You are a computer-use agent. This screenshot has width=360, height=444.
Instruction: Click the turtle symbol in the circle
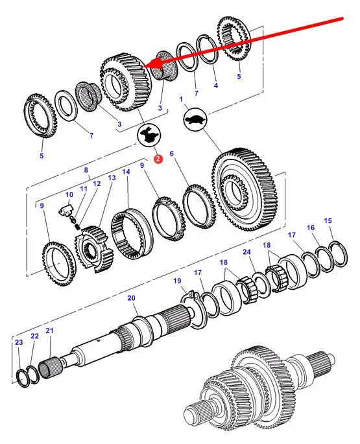(x=196, y=119)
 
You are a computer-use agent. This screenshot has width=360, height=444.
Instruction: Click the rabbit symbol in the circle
(x=149, y=135)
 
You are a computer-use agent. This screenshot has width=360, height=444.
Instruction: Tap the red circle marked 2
(x=158, y=159)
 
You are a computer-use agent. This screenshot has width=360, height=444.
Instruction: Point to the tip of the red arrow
(x=144, y=66)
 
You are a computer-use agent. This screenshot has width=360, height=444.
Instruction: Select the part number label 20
(x=131, y=298)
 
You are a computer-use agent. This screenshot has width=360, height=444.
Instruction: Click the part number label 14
(x=126, y=172)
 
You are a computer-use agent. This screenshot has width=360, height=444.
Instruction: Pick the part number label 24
(x=246, y=252)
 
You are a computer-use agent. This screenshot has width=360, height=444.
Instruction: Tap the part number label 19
(x=177, y=281)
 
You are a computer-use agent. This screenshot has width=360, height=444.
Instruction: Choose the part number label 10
(x=69, y=194)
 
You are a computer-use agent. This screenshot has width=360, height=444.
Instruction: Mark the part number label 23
(x=19, y=342)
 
